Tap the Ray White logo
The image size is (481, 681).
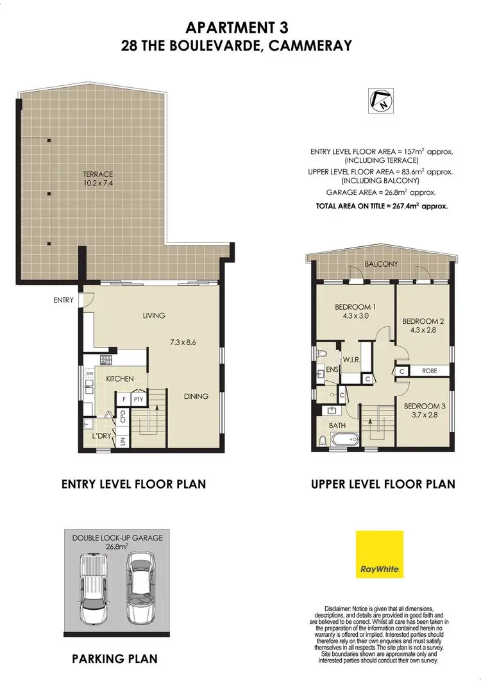point(379,553)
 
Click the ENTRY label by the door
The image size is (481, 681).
point(64,299)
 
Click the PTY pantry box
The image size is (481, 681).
point(138,399)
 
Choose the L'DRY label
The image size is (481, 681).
point(103,436)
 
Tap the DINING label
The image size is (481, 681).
point(196,396)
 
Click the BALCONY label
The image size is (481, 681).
point(382,264)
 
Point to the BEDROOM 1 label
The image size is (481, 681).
point(355,307)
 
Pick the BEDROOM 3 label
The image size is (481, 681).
point(424,406)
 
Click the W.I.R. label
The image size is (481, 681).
point(351,360)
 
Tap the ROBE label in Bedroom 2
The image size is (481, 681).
point(429,371)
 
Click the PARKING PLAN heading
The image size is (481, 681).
point(115,659)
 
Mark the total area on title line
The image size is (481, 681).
point(381,206)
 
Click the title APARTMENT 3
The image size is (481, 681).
point(237,27)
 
